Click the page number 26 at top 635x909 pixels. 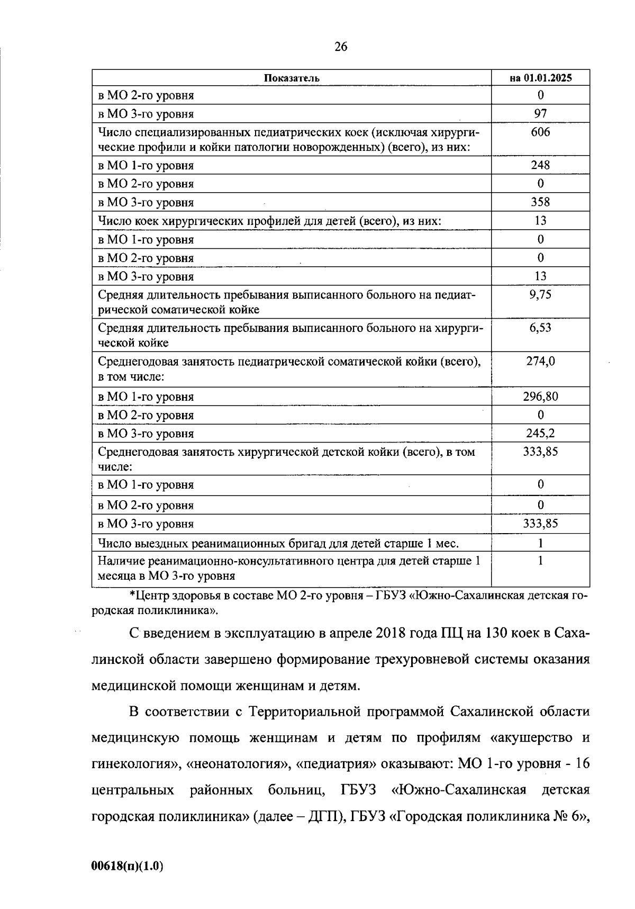pos(341,47)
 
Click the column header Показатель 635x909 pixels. pos(292,78)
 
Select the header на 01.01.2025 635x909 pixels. pos(540,78)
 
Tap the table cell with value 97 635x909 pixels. pos(540,113)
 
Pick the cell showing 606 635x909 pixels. pos(540,132)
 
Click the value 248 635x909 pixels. pos(540,165)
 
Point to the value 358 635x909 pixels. pos(540,202)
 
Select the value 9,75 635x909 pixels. pos(540,295)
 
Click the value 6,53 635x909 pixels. pos(540,328)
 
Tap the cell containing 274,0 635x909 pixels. pos(540,362)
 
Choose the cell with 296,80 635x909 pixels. pos(540,396)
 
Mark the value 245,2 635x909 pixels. pos(540,433)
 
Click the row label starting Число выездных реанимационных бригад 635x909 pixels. pos(278,543)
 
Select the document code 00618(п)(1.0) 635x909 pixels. pos(127,866)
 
